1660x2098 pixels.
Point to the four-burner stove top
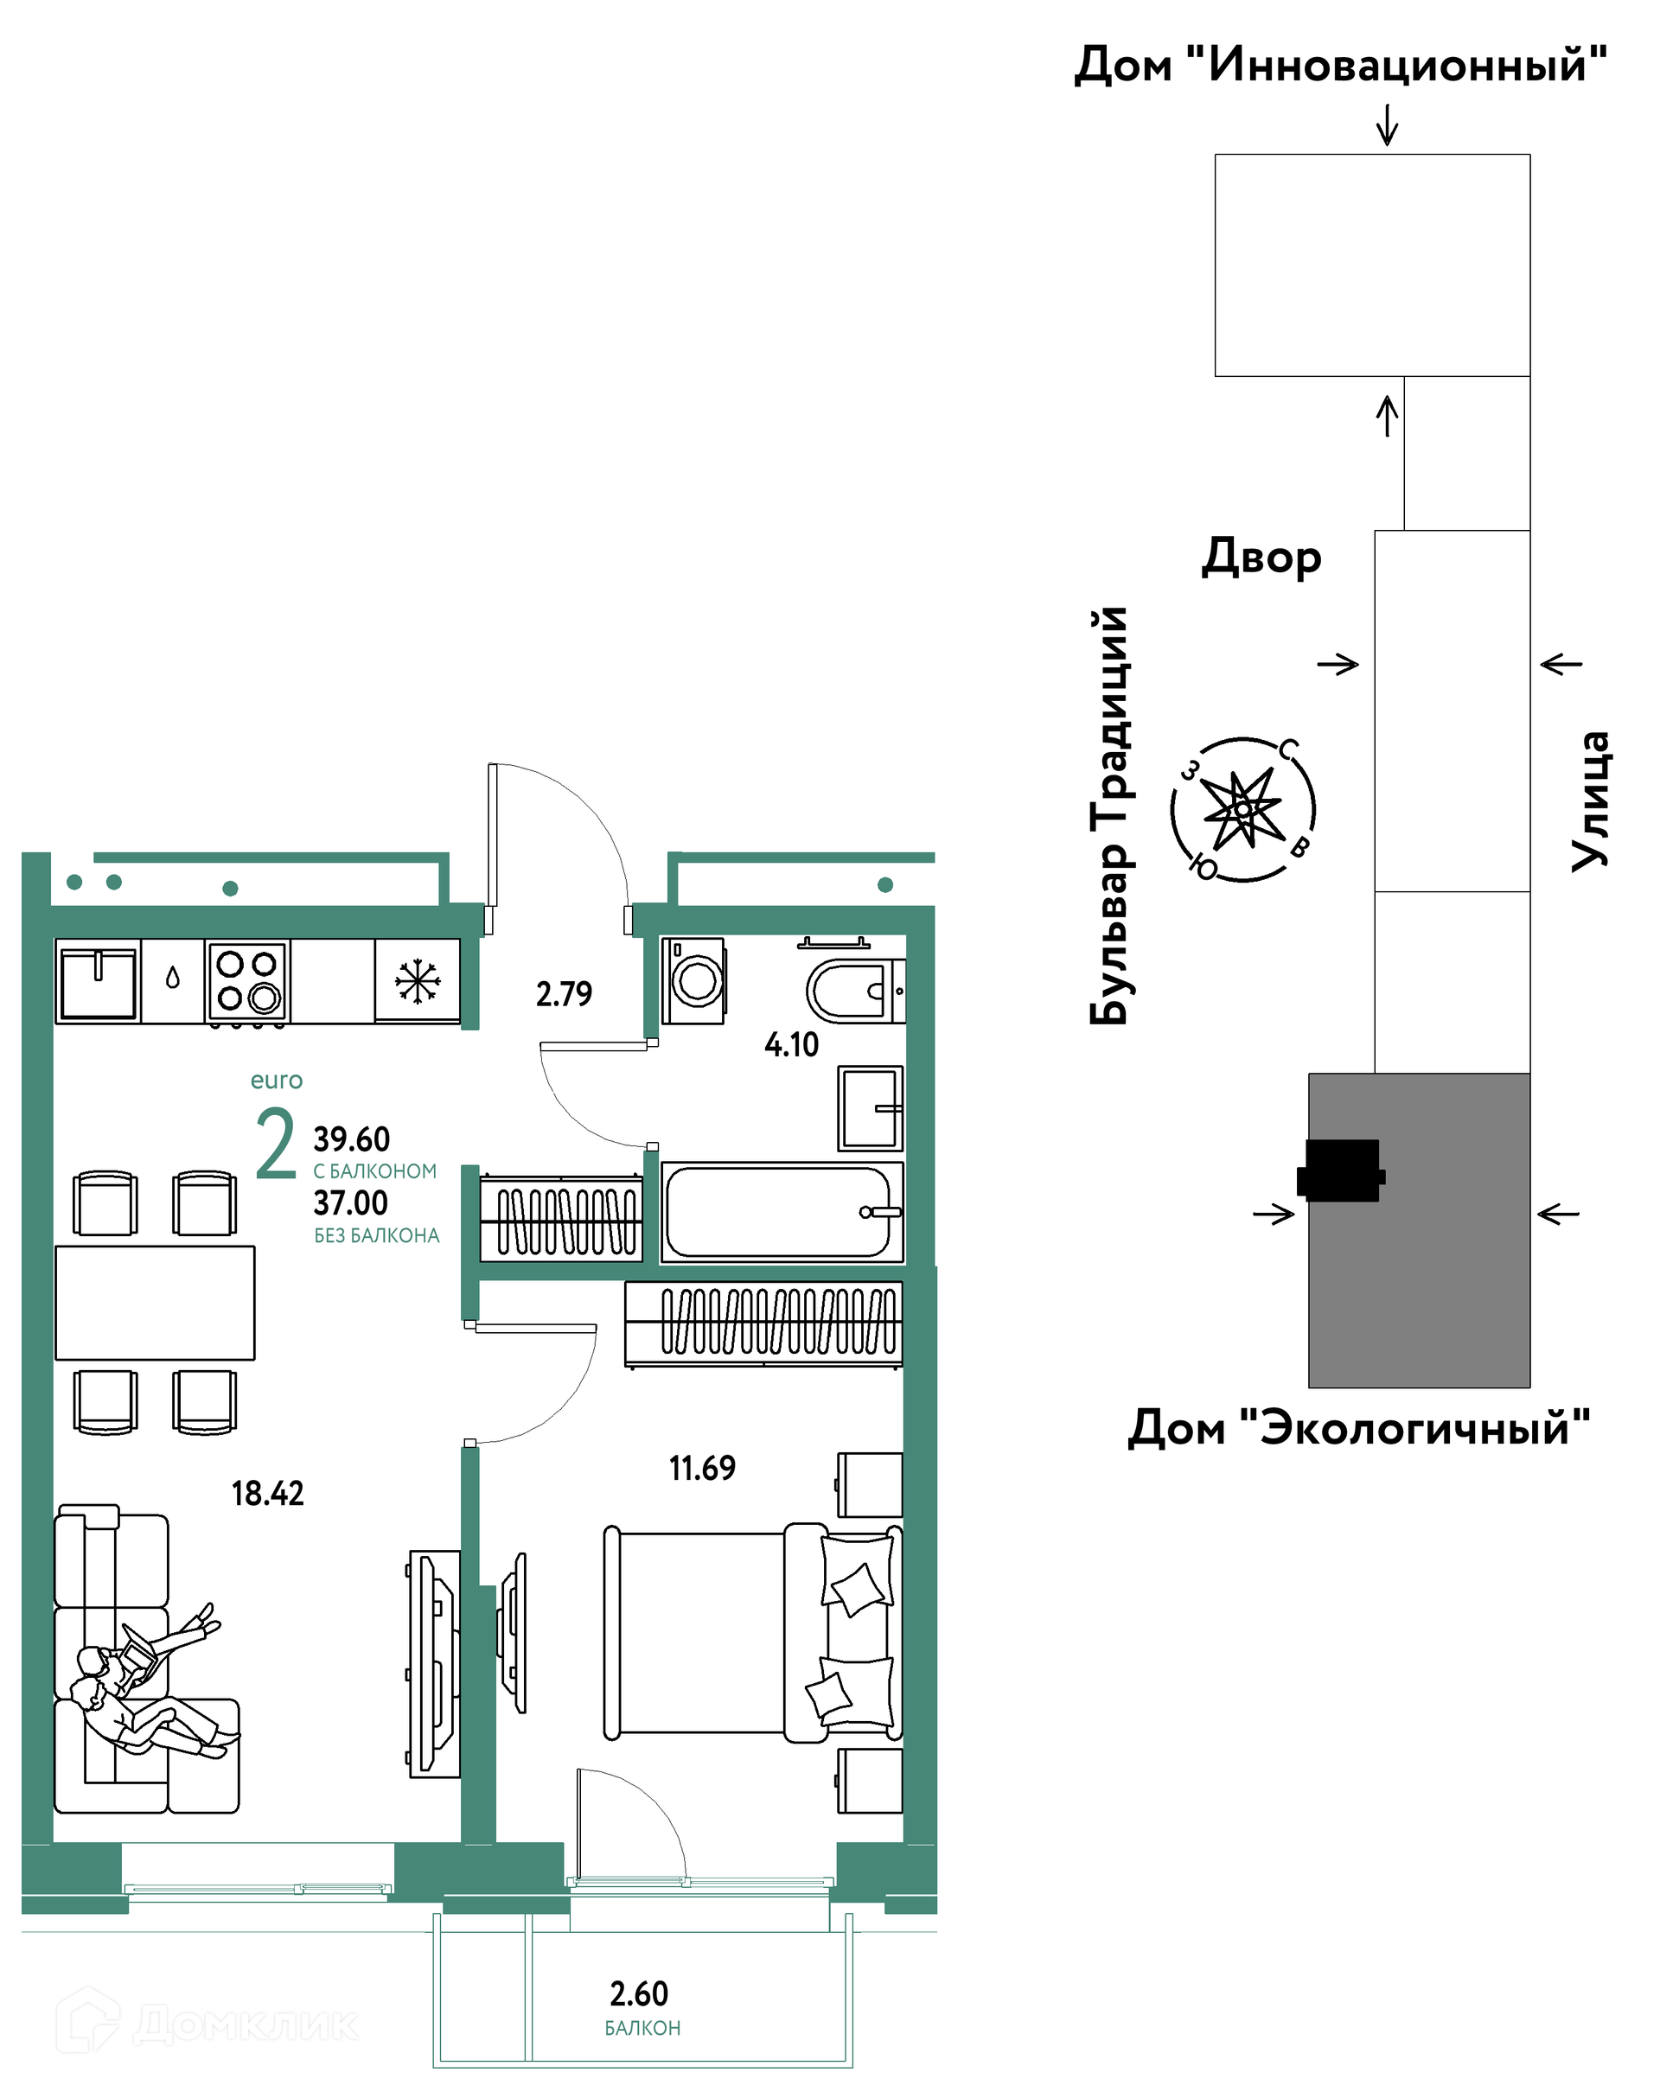click(247, 981)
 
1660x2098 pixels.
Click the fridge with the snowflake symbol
click(417, 980)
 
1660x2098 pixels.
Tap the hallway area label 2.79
click(564, 994)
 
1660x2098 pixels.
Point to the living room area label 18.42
click(267, 1493)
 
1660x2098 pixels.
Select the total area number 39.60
click(351, 1138)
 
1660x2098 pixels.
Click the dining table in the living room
click(155, 1302)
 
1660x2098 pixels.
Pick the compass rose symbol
click(1243, 808)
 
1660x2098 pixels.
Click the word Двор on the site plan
click(1261, 556)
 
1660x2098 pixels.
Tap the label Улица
click(1590, 800)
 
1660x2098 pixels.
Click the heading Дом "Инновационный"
click(1340, 64)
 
